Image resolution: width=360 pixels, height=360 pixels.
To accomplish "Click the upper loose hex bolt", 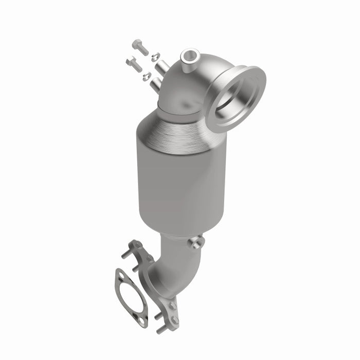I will click(139, 47).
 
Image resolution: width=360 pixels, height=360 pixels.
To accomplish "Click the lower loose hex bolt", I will click(133, 64).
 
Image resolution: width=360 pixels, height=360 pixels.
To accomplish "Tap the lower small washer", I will click(147, 76).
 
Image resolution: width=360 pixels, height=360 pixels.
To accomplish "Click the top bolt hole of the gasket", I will click(120, 276).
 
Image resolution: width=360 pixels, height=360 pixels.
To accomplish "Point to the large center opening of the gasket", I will click(130, 297).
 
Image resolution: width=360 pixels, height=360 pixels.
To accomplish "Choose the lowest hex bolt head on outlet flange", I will click(175, 320).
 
